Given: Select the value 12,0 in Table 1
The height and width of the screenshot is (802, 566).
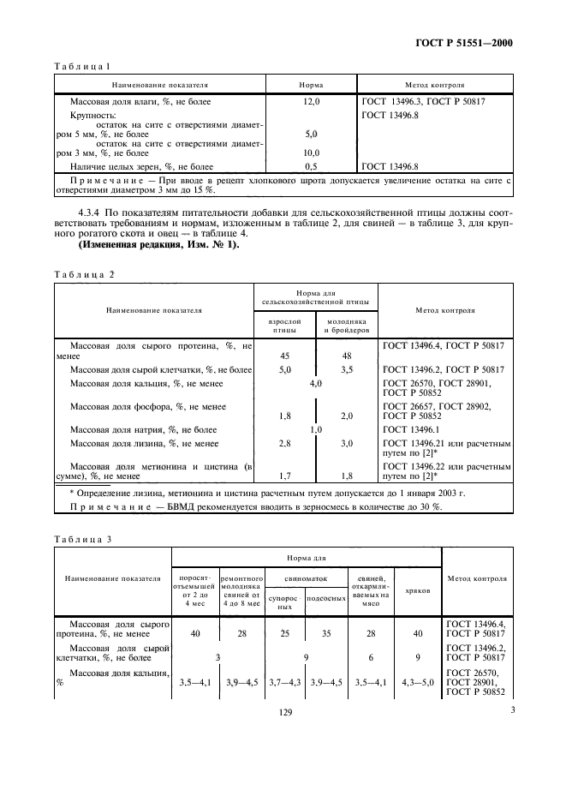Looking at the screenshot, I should [311, 102].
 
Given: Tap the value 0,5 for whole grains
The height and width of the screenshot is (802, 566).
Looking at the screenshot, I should [311, 166].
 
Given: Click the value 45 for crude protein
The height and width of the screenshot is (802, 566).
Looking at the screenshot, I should [285, 356].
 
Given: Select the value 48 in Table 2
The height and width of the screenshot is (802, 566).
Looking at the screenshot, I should [347, 356].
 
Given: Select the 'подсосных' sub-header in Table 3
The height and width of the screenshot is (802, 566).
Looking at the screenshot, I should [325, 598].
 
